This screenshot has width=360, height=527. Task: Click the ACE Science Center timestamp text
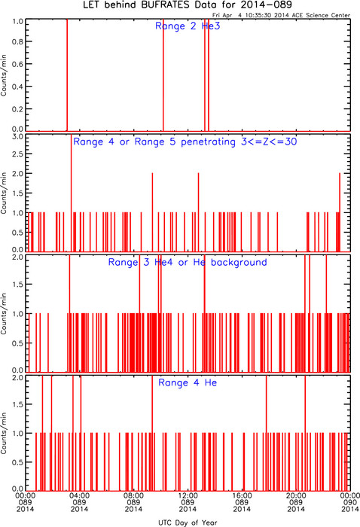(x=281, y=15)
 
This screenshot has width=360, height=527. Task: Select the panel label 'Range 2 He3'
(x=188, y=26)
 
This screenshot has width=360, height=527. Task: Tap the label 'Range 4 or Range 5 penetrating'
(x=154, y=142)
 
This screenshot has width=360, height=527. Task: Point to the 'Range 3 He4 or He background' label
(x=188, y=262)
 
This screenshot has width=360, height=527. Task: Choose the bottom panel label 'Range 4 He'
(x=188, y=382)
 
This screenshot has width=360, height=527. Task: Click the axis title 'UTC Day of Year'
(x=188, y=522)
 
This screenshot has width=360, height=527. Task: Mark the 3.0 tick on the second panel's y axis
(x=18, y=137)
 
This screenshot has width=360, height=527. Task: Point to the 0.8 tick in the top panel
(x=18, y=41)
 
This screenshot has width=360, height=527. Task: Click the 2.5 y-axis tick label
(x=18, y=154)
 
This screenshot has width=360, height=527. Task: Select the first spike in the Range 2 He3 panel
(x=67, y=75)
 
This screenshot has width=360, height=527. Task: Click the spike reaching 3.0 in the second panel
(x=71, y=193)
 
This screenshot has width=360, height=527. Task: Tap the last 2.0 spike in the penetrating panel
(x=340, y=212)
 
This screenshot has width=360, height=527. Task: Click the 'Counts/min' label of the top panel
(x=3, y=75)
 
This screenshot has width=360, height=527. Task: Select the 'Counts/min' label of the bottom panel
(x=3, y=433)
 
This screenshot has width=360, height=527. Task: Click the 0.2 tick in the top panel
(x=18, y=109)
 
